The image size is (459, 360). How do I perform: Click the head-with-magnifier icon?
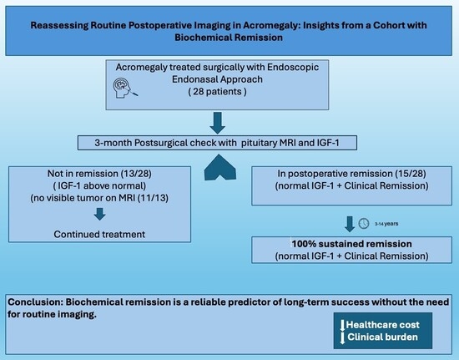click(124, 88)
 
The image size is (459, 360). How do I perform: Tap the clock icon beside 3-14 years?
click(364, 224)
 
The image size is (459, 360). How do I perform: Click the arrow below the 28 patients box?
click(218, 123)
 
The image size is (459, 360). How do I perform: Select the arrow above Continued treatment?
click(99, 214)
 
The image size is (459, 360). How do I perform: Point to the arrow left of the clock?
click(350, 224)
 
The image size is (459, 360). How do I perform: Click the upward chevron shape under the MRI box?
click(220, 167)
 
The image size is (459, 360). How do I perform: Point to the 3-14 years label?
click(386, 224)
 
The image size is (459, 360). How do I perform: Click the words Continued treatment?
click(99, 235)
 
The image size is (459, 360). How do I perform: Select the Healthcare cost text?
click(382, 325)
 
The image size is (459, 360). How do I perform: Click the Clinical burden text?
click(382, 337)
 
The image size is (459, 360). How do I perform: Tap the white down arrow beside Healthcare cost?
click(342, 326)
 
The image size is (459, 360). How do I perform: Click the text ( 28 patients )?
click(217, 92)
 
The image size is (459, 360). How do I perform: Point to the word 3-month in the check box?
click(113, 143)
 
